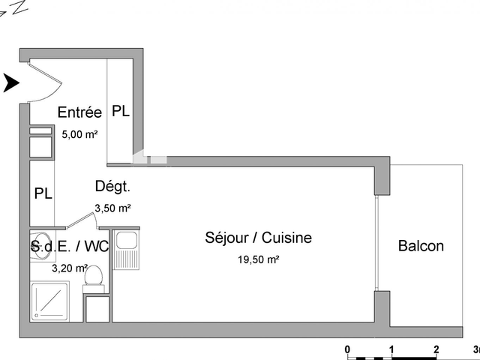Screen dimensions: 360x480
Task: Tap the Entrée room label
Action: click(x=79, y=112)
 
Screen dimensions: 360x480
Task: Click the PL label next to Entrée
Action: click(x=121, y=111)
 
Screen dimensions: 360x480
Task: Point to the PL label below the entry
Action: click(x=43, y=193)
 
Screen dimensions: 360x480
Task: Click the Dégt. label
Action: click(x=113, y=187)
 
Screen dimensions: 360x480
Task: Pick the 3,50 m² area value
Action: click(x=112, y=208)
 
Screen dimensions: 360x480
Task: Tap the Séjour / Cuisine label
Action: click(x=259, y=238)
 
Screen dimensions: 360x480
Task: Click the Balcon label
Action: click(x=421, y=246)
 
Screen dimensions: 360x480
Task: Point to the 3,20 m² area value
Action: click(x=69, y=267)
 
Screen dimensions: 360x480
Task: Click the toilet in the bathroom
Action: click(x=94, y=275)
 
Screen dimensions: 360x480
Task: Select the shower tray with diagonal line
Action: click(x=49, y=301)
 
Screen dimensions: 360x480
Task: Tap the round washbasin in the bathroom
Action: click(x=38, y=250)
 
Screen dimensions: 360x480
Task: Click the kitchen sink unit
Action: click(x=126, y=248)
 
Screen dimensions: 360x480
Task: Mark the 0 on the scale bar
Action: click(x=347, y=349)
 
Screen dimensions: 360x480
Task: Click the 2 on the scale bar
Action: click(x=436, y=349)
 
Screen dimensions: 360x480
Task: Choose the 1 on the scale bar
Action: click(x=391, y=349)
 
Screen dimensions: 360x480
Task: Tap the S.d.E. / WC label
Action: click(x=69, y=245)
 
